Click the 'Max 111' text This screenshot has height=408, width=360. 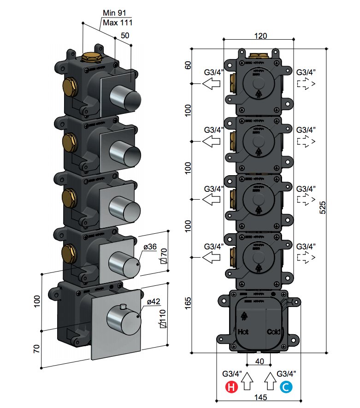coord(117,23)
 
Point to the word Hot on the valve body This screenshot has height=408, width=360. coord(243,331)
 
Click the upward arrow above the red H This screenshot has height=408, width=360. coord(248,380)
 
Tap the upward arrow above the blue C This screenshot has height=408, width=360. coord(270,380)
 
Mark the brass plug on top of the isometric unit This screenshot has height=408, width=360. coord(93,58)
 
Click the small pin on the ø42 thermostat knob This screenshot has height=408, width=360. coord(123,306)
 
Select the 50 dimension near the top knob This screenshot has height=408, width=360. coord(124,35)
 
